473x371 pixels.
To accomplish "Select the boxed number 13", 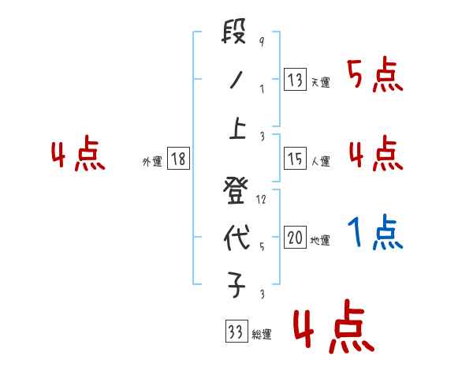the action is click(x=295, y=79).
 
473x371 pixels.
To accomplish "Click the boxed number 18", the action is click(x=178, y=159).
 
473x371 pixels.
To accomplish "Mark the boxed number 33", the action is click(x=235, y=332).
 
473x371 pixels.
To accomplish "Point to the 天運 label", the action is click(x=320, y=82).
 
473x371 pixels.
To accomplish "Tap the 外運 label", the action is click(x=152, y=162).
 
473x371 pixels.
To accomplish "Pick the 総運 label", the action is click(x=261, y=335).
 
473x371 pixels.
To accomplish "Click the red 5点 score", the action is click(x=374, y=76).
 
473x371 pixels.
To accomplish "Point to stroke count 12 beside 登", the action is click(x=262, y=200).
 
